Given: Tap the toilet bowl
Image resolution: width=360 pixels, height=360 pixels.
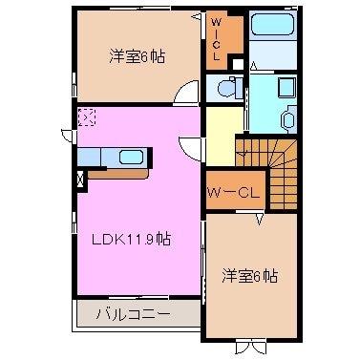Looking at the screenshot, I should tap(228, 88).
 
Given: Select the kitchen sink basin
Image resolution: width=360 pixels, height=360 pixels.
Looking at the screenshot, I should tap(131, 157).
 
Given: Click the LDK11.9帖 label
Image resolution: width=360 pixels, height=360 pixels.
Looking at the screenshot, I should tap(131, 240).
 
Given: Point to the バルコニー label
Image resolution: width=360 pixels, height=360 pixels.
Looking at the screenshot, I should tap(133, 312).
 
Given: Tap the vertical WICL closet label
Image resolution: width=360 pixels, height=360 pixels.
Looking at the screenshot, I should tap(218, 38).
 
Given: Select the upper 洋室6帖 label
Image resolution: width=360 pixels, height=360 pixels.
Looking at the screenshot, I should tap(136, 57).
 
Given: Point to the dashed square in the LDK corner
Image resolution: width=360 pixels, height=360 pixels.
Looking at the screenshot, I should tap(87, 116).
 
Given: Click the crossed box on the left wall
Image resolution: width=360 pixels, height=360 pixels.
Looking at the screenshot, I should tap(80, 177).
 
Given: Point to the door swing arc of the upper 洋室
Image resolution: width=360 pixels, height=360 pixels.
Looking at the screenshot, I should tap(186, 94).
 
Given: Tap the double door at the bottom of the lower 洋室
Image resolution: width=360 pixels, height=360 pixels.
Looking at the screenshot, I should tap(250, 346).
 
